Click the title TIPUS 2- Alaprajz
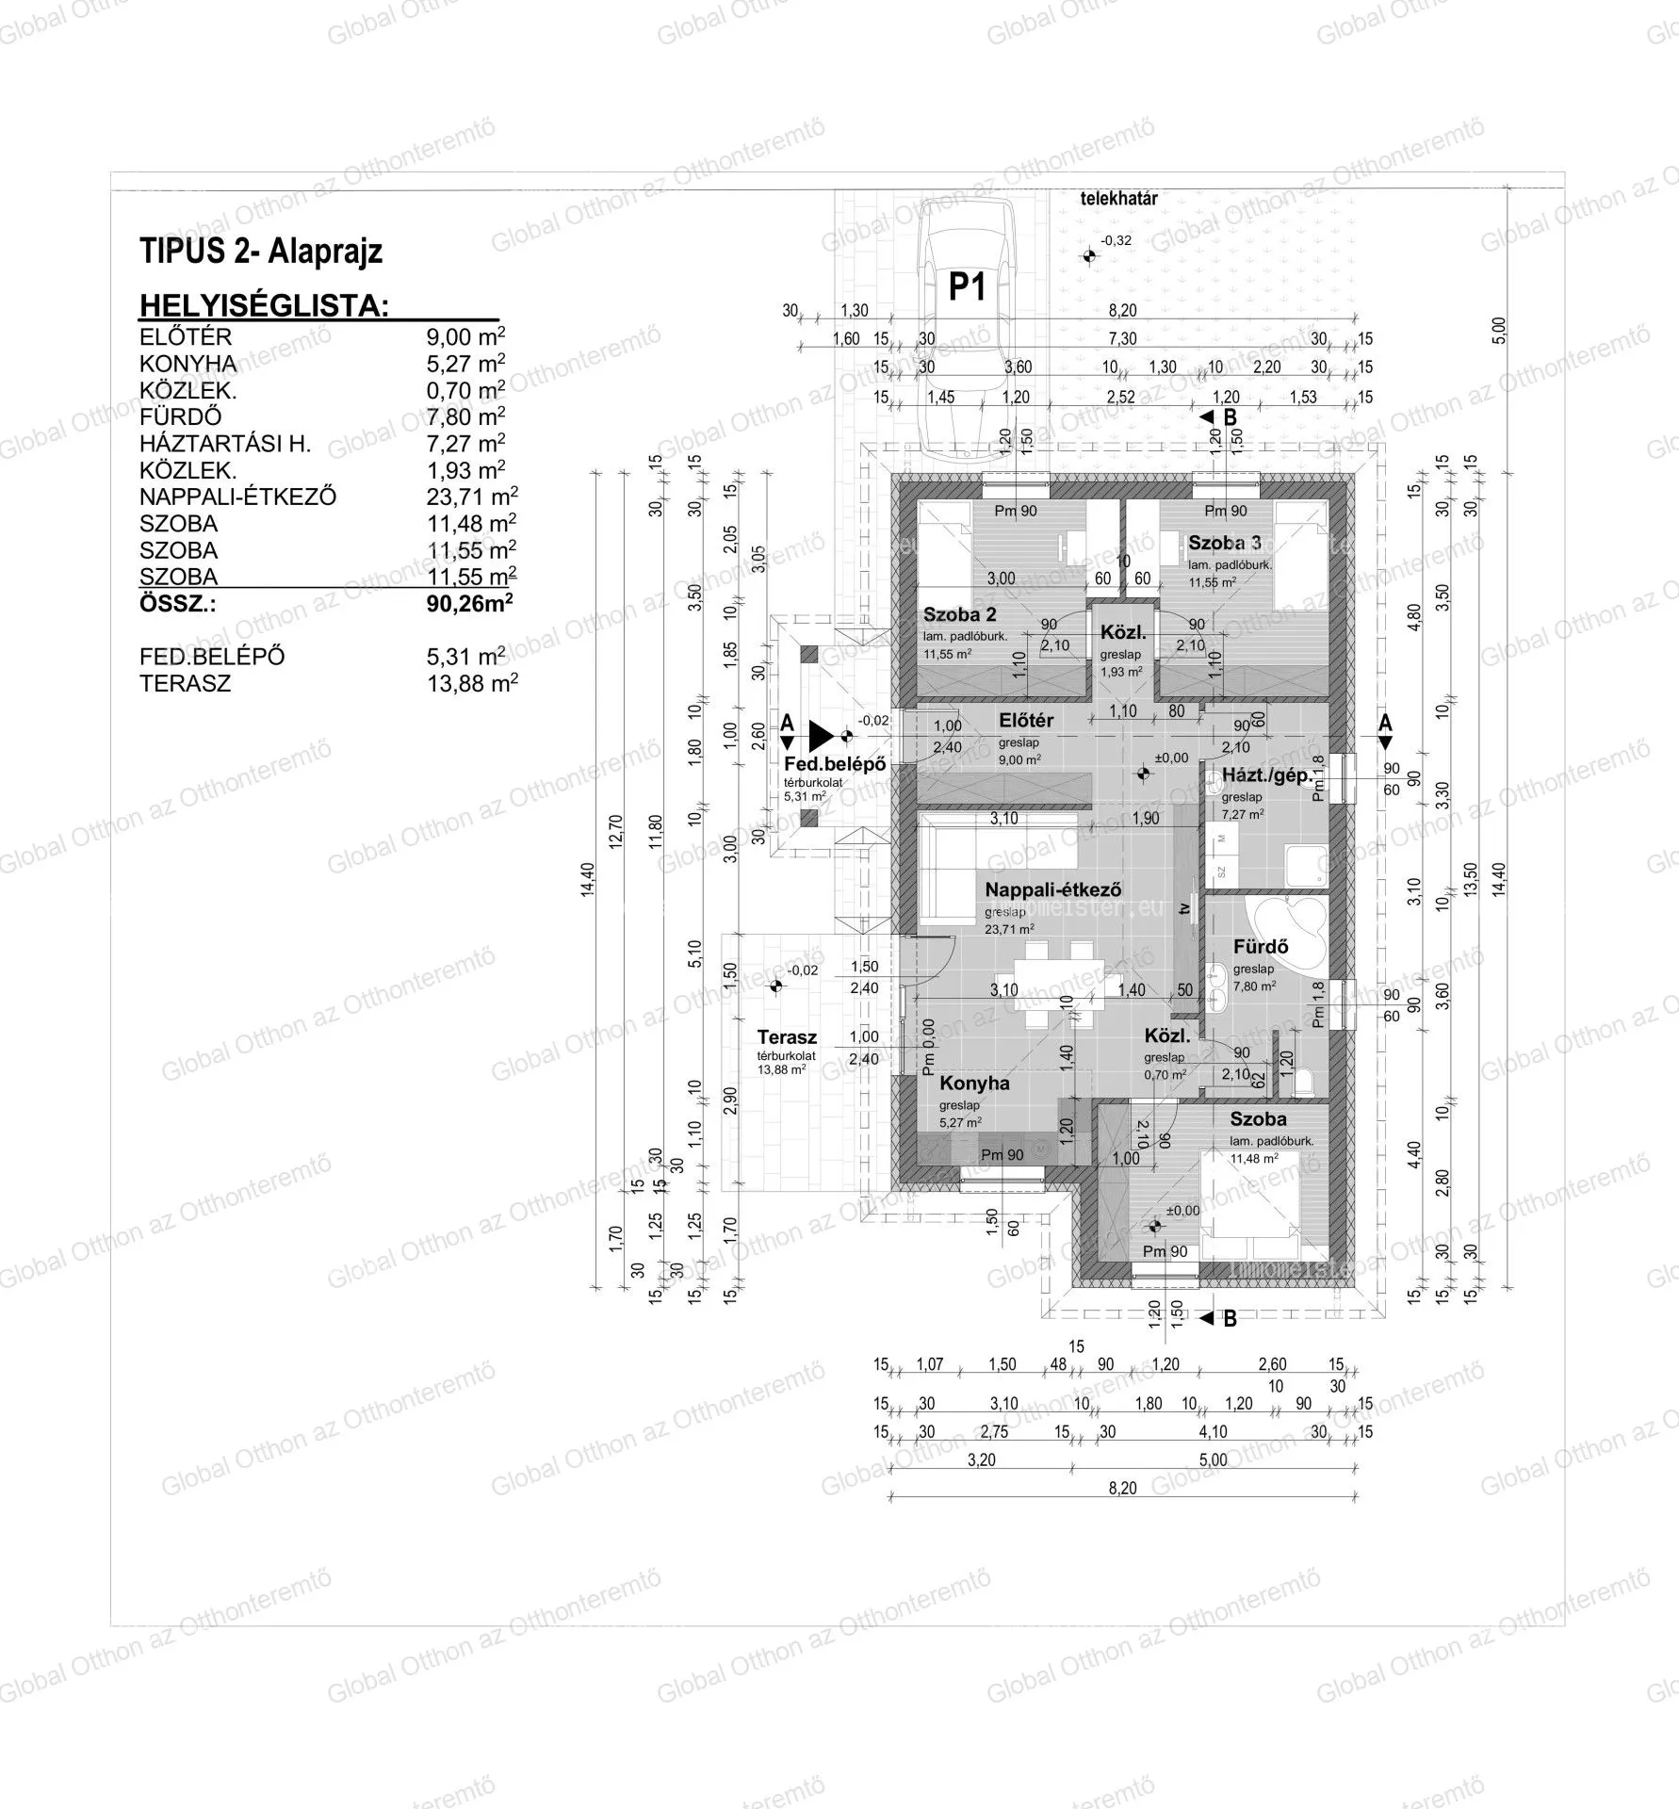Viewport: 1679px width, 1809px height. pos(261,253)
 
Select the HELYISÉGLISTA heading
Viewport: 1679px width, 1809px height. pos(264,306)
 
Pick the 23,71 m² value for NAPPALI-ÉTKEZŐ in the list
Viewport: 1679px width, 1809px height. pos(471,497)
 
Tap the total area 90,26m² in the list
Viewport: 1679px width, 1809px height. pos(469,604)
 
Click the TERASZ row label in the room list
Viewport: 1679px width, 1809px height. pos(185,684)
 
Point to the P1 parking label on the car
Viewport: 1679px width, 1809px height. pos(966,286)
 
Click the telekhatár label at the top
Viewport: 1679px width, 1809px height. pos(1118,199)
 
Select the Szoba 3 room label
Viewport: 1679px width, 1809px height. pos(1224,543)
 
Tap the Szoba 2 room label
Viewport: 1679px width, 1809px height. pos(959,615)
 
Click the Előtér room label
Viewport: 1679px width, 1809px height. pos(1026,721)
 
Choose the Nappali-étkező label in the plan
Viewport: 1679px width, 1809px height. pos(1052,889)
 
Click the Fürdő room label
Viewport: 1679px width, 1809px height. pos(1261,947)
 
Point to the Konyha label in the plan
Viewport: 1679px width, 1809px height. pos(974,1084)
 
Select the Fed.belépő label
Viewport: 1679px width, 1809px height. pos(835,764)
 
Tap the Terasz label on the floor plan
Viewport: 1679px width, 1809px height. pos(787,1037)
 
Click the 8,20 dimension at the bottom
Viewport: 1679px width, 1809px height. pos(1123,1489)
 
